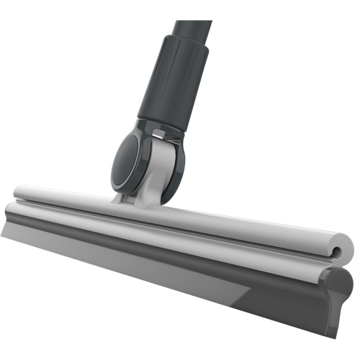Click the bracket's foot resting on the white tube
coord(137,200)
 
